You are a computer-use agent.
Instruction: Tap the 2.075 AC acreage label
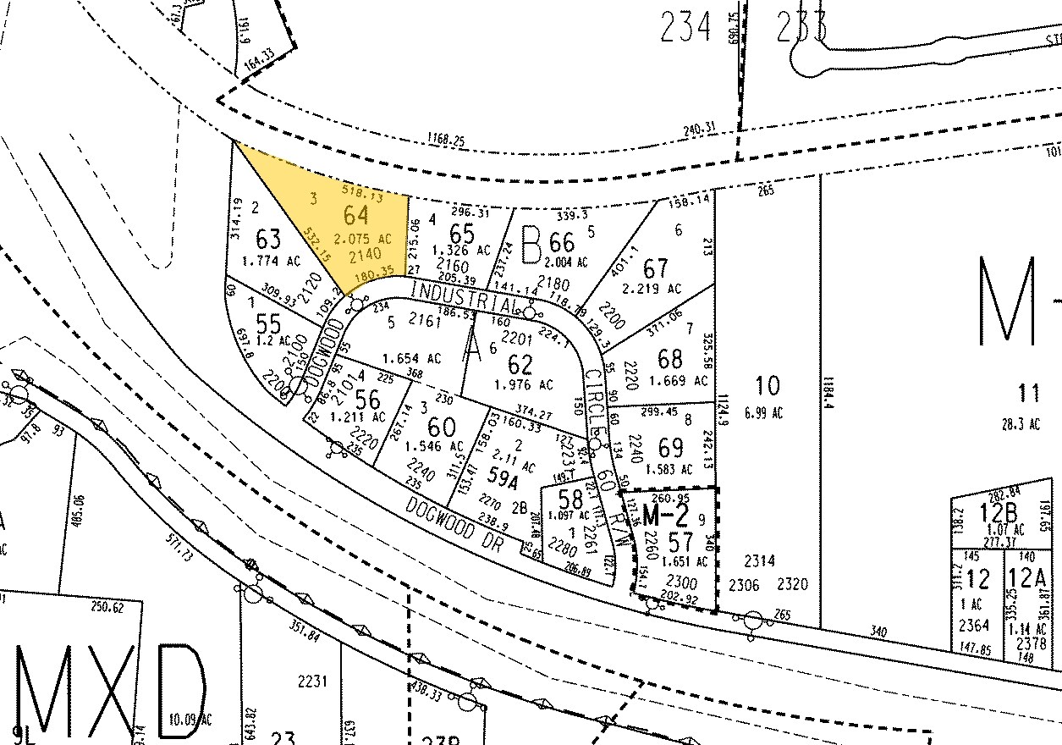pos(365,238)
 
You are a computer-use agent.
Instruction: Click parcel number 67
pos(655,268)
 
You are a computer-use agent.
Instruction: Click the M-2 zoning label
pos(666,514)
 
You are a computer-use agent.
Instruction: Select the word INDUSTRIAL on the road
pos(464,295)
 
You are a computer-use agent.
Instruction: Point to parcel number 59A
pos(503,481)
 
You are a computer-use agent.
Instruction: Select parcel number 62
pos(520,366)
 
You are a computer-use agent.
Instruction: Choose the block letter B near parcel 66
pos(531,245)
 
